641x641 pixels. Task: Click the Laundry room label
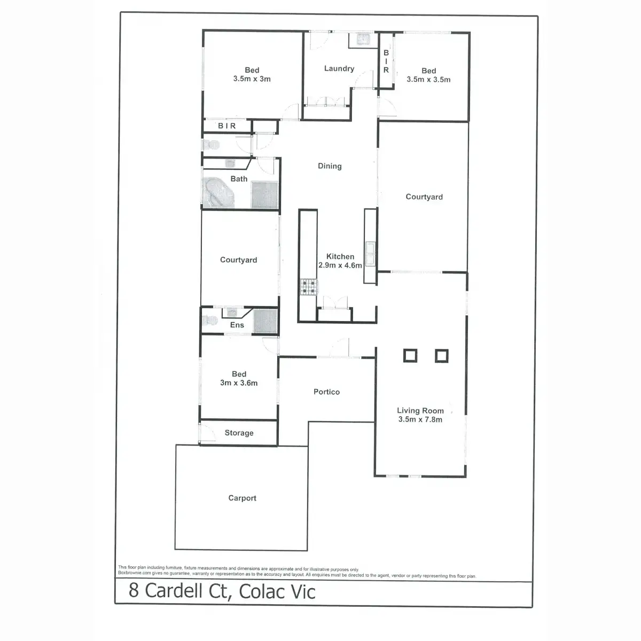(339, 68)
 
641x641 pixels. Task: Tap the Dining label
(330, 166)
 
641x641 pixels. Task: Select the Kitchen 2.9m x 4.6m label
(340, 261)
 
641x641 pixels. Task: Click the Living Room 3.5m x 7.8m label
(420, 415)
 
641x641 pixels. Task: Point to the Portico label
(326, 392)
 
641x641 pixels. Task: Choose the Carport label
(242, 498)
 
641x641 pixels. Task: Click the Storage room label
(239, 433)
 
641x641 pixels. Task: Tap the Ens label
(237, 325)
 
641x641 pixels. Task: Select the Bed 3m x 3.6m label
(239, 378)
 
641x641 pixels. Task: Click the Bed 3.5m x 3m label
(252, 74)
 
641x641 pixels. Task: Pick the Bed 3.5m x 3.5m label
(428, 75)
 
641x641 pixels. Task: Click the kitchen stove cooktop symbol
(308, 287)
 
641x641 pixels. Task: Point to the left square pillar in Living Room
(410, 356)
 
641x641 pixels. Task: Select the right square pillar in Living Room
(441, 356)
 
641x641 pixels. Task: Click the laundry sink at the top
(363, 40)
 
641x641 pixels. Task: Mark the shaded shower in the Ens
(265, 323)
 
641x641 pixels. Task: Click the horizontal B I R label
(226, 126)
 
